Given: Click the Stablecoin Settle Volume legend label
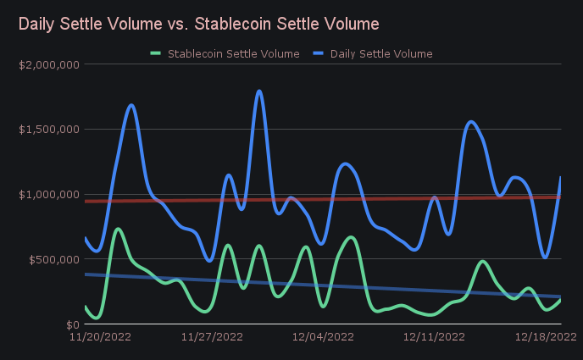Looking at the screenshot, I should coord(233,53).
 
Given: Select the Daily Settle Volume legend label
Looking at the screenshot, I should coord(381,53).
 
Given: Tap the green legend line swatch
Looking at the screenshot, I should coord(155,53).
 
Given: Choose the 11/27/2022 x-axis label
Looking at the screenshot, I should coord(212,337).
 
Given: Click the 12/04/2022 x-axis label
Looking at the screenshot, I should coord(323,337).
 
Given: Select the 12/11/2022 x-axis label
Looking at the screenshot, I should coord(435,337).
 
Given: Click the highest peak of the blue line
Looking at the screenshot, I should coord(258,91).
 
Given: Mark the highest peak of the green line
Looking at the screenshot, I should coord(118,229).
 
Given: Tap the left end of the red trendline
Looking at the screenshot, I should coord(86,201).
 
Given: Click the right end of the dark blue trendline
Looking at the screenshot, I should coord(560,296).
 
